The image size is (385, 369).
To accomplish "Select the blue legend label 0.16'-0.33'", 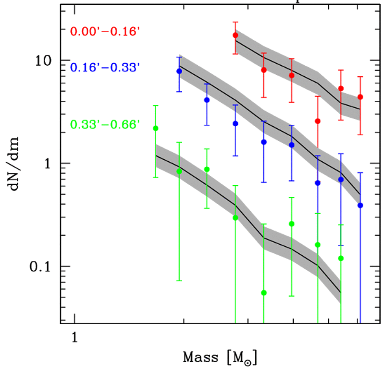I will [105, 67].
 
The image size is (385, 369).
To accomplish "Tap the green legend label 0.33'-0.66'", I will [105, 125].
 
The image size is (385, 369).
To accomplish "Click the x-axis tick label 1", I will [74, 338].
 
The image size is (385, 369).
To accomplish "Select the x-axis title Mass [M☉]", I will [220, 358].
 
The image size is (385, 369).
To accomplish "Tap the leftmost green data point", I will [155, 128].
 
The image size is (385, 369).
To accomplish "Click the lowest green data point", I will [264, 293].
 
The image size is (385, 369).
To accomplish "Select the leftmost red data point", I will [235, 35].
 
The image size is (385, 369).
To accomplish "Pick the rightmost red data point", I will [360, 97].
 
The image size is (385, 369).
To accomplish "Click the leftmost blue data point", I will [180, 71].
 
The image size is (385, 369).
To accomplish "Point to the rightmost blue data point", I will [360, 205].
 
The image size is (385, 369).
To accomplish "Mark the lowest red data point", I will [318, 121].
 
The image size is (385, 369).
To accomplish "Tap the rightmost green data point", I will [341, 258].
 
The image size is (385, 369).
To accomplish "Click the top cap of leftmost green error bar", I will [155, 106].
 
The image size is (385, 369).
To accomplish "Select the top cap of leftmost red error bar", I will [235, 22].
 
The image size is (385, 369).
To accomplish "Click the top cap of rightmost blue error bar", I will [360, 173].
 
